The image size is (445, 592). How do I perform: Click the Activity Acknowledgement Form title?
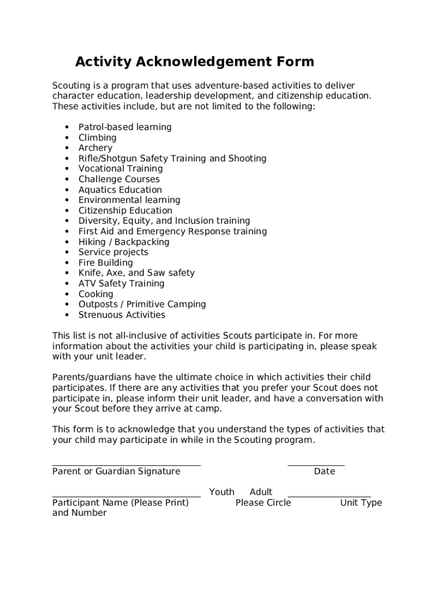(x=195, y=62)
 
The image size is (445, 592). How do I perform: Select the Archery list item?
(x=95, y=148)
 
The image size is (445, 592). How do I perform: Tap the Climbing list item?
(x=97, y=138)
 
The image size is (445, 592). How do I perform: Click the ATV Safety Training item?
(x=121, y=283)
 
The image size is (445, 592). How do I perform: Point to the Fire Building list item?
(x=105, y=262)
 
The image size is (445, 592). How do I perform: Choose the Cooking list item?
(x=96, y=294)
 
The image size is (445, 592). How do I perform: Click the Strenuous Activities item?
(x=121, y=315)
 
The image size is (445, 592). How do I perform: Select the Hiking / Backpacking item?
(x=124, y=242)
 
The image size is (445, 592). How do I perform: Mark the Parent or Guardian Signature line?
(x=126, y=464)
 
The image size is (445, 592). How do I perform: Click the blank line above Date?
(x=316, y=464)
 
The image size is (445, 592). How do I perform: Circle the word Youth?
(x=222, y=492)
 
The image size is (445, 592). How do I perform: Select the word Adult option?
(x=261, y=492)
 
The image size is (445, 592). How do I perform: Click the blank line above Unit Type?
(x=329, y=496)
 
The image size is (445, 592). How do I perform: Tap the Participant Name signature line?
(x=126, y=496)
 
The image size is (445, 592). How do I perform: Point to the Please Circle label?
(x=263, y=503)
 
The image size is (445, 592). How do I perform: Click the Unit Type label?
(x=361, y=503)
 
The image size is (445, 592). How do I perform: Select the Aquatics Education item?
(x=120, y=190)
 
